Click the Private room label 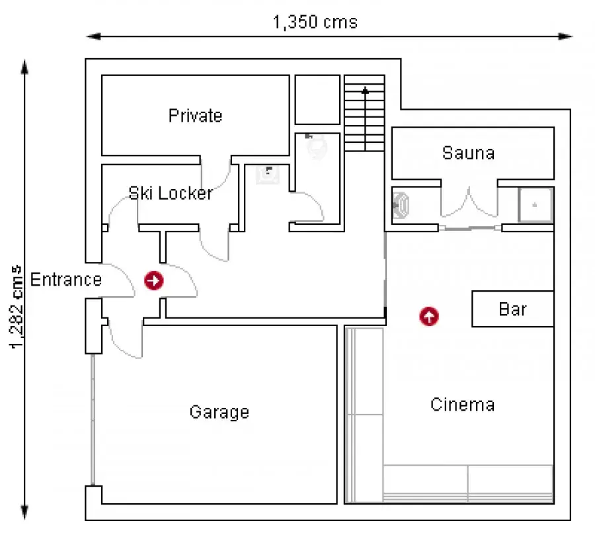195,116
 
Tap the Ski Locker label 171,193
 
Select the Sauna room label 468,153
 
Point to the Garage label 219,412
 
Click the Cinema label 463,405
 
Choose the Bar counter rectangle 512,309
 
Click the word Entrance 66,280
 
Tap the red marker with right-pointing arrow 153,280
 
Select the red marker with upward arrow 429,316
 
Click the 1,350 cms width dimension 315,22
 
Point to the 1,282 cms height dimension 17,307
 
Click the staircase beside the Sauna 364,113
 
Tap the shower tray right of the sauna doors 535,204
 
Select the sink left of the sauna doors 401,206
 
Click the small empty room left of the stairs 317,99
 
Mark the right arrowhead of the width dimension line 565,36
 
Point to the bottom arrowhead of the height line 24,512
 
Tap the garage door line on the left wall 93,420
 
